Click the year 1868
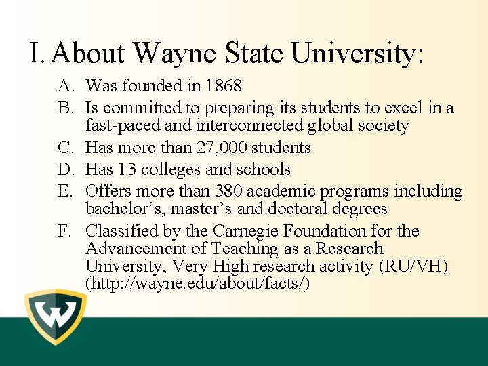pyautogui.click(x=223, y=86)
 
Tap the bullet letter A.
pyautogui.click(x=66, y=86)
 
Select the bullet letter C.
pyautogui.click(x=66, y=148)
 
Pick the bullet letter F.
pyautogui.click(x=65, y=231)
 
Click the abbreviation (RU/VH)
pyautogui.click(x=415, y=266)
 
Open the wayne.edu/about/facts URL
pyautogui.click(x=198, y=283)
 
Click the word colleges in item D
pyautogui.click(x=169, y=169)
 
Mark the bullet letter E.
pyautogui.click(x=65, y=191)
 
